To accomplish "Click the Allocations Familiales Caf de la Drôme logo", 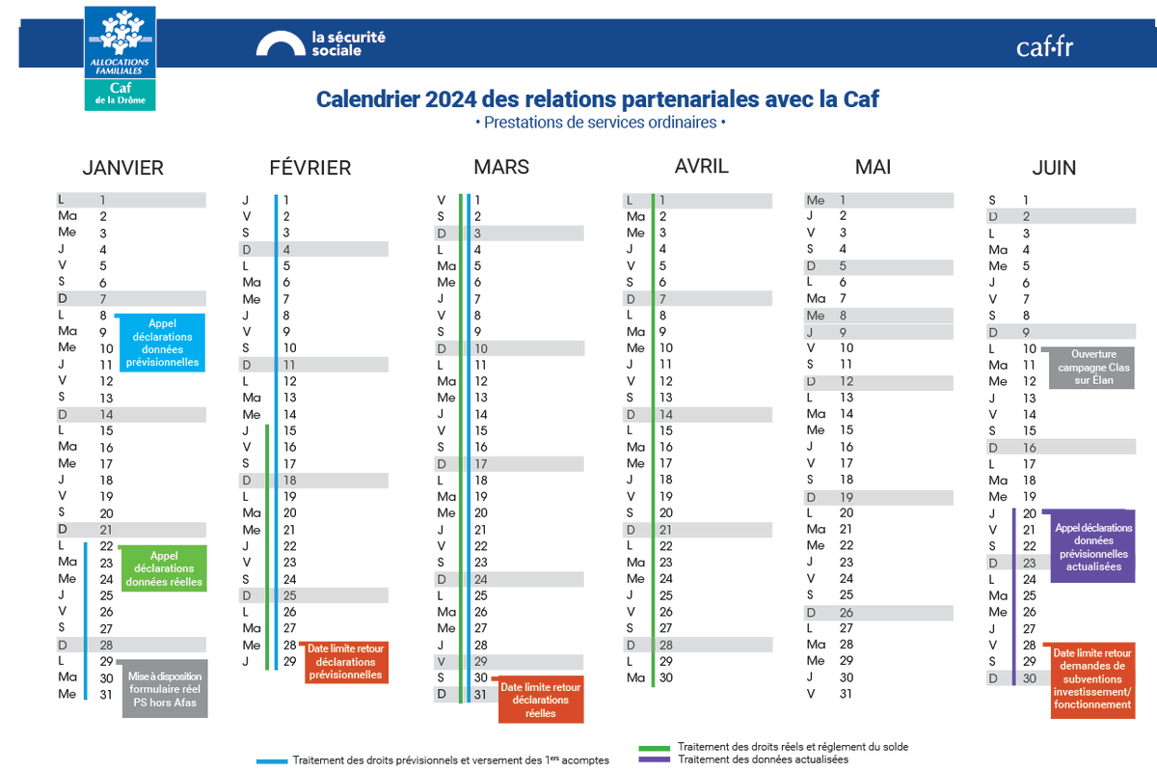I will pyautogui.click(x=120, y=57).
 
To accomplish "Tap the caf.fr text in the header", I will pyautogui.click(x=1044, y=46).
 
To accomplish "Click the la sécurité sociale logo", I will pyautogui.click(x=321, y=43).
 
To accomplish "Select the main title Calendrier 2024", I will pyautogui.click(x=598, y=98).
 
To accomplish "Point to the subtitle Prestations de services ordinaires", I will pyautogui.click(x=599, y=123).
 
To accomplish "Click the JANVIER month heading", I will pyautogui.click(x=122, y=168).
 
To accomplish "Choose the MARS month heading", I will pyautogui.click(x=501, y=167).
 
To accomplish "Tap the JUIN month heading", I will pyautogui.click(x=1054, y=168).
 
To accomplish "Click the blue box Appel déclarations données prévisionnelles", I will pyautogui.click(x=162, y=343).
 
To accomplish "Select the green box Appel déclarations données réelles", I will pyautogui.click(x=164, y=568).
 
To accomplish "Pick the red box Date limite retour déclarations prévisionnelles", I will pyautogui.click(x=345, y=662).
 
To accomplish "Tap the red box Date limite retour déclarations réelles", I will pyautogui.click(x=541, y=700).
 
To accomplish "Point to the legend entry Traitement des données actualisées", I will pyautogui.click(x=762, y=759).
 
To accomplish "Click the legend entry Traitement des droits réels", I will pyautogui.click(x=791, y=747).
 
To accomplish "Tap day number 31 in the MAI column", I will pyautogui.click(x=847, y=694).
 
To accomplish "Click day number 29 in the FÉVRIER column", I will pyautogui.click(x=289, y=661).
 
